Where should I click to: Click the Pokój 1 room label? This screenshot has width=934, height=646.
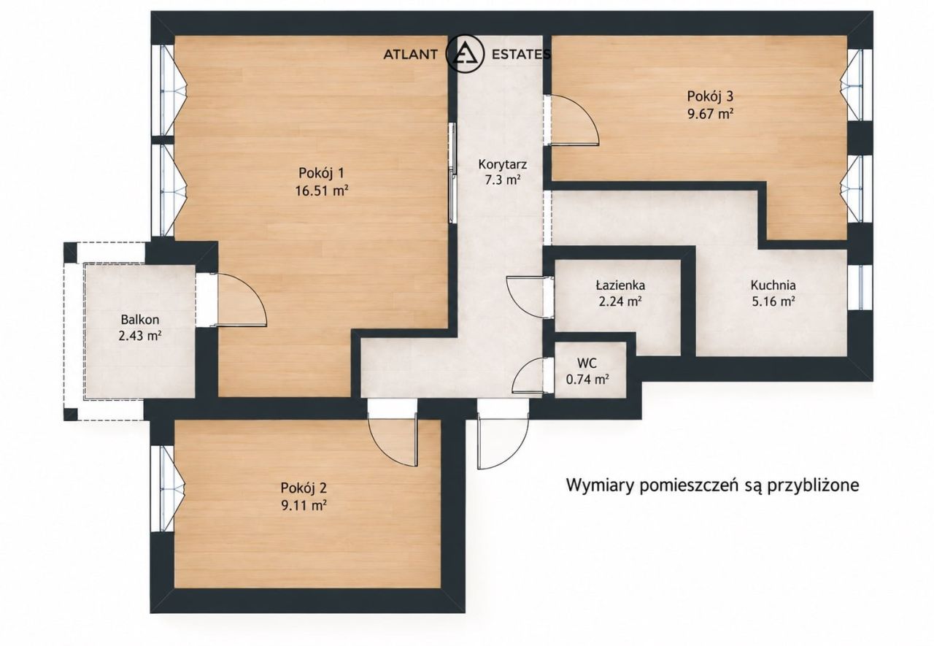point(322,173)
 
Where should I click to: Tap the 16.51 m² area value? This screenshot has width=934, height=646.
point(322,191)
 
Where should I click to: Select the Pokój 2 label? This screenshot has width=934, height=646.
point(304,488)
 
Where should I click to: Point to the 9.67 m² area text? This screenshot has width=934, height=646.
point(711,114)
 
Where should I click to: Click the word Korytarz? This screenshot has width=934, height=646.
point(503,164)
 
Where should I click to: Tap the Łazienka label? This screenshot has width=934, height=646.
point(620,285)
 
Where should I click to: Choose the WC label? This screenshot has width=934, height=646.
point(587,364)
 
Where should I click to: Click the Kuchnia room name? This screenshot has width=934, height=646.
point(773,285)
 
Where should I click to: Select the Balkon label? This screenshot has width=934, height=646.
point(140,320)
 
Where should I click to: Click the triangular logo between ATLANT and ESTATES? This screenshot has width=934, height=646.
point(465,54)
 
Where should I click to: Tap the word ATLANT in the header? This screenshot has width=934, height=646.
point(410,54)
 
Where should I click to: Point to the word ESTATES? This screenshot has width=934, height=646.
point(521,54)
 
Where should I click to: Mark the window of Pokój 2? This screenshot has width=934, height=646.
point(167,488)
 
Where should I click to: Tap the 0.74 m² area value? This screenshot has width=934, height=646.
point(587,380)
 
